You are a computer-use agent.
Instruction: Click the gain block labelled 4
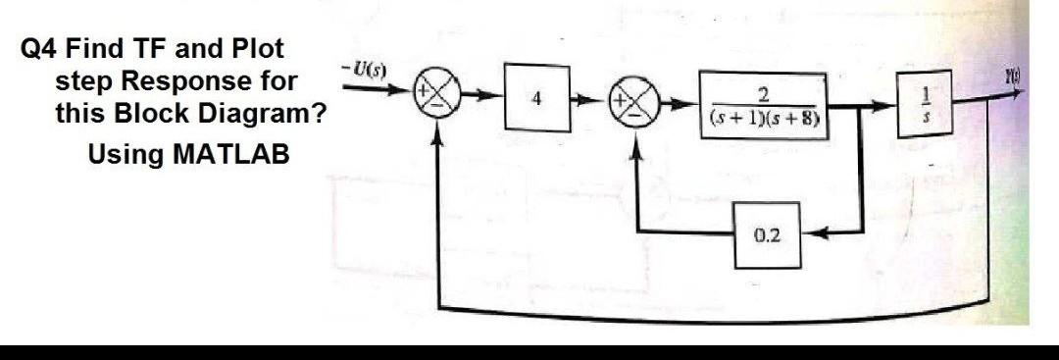(x=536, y=100)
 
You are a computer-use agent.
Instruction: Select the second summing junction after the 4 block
(x=631, y=102)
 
